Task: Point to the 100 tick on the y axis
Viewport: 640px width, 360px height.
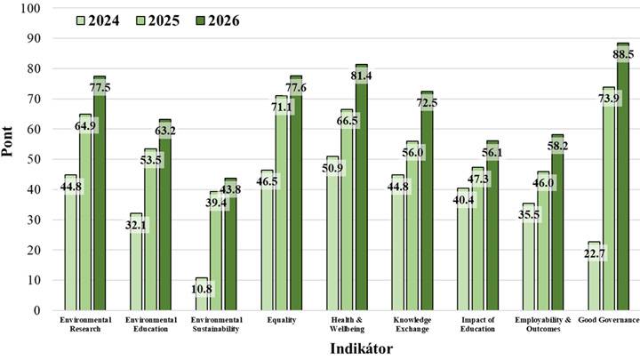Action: pos(31,8)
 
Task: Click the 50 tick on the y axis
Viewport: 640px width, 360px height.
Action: pos(35,159)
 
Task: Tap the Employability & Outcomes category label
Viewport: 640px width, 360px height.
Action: pos(543,324)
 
